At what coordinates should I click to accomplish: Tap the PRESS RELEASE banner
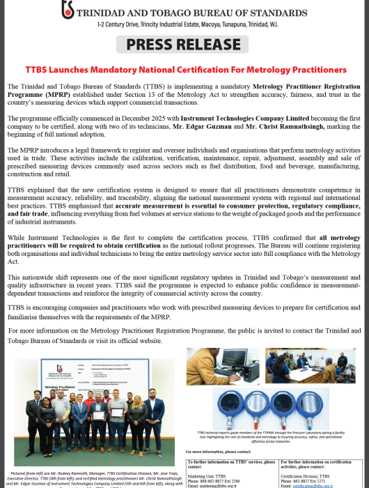click(185, 46)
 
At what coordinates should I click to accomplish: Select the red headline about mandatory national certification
click(185, 70)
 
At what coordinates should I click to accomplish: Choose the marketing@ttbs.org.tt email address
click(230, 485)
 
